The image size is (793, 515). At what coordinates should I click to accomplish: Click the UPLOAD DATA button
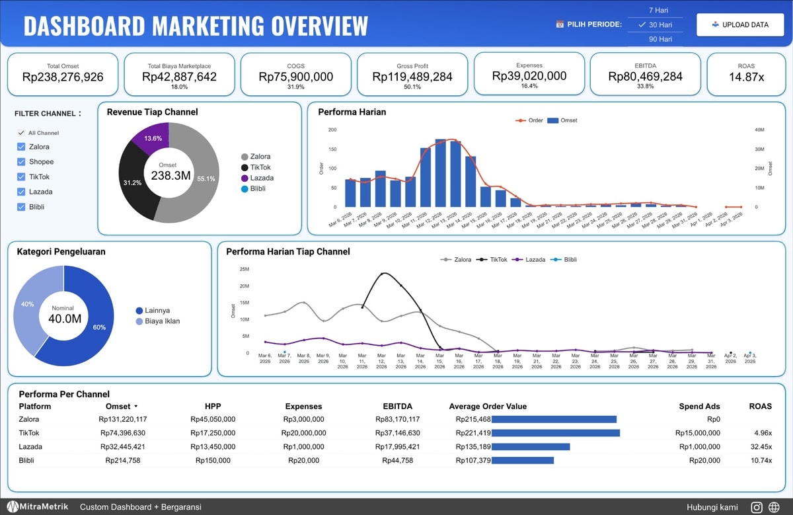click(x=740, y=25)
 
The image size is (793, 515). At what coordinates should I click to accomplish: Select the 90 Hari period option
click(x=660, y=39)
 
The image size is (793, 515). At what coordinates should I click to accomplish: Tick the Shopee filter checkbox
click(x=21, y=162)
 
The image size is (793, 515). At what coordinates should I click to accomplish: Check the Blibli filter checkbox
click(x=21, y=207)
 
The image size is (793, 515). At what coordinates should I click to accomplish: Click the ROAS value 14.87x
click(x=746, y=77)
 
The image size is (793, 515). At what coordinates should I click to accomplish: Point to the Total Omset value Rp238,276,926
click(x=63, y=77)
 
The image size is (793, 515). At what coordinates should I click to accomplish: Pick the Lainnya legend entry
click(x=153, y=310)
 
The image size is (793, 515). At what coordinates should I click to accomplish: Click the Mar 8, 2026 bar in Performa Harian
click(x=381, y=189)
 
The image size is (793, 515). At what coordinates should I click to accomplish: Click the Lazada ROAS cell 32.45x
click(x=761, y=447)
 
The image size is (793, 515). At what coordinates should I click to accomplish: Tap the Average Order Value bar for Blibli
click(x=523, y=461)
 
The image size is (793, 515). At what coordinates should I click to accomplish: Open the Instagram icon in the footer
click(x=757, y=507)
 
